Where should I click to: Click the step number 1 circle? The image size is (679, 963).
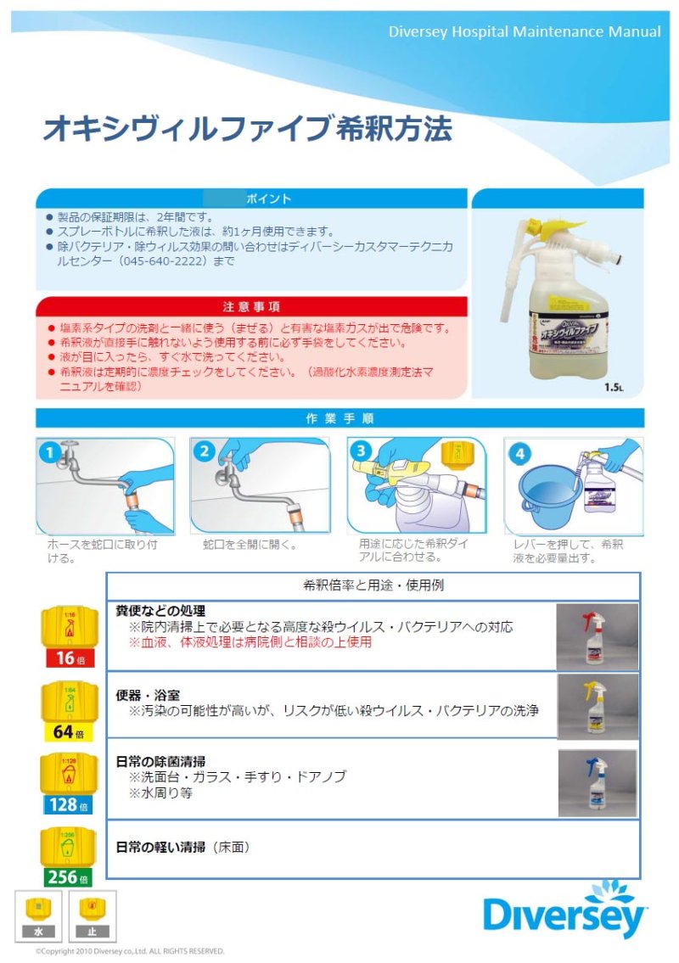click(x=51, y=452)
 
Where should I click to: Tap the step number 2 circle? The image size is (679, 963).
click(x=204, y=452)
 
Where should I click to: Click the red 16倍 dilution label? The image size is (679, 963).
click(x=69, y=658)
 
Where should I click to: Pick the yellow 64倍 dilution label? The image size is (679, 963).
click(x=69, y=732)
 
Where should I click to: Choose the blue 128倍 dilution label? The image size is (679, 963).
click(x=69, y=804)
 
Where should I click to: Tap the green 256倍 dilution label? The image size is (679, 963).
click(x=69, y=876)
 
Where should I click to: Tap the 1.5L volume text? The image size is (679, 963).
click(x=614, y=388)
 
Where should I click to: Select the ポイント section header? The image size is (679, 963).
click(x=252, y=199)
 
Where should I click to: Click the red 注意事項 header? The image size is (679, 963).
click(x=252, y=306)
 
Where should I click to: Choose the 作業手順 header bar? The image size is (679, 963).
click(x=339, y=418)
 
